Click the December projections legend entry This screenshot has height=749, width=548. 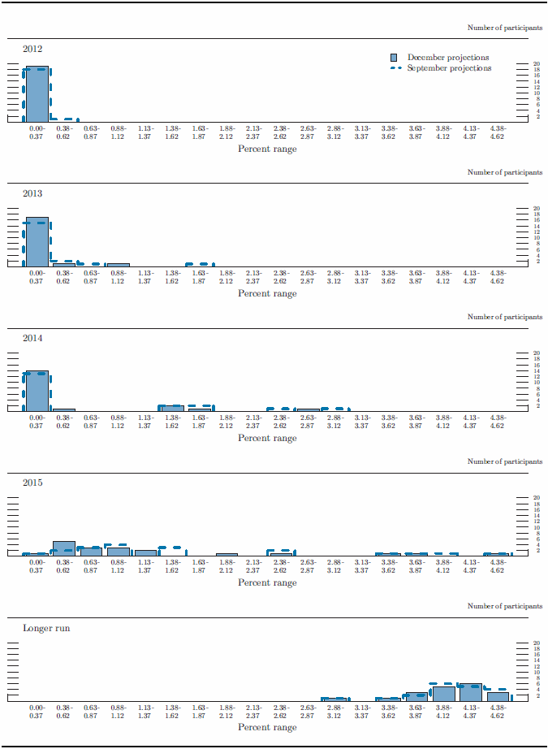click(x=447, y=58)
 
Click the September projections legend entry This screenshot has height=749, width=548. click(x=449, y=68)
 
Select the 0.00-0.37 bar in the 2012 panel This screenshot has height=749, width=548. click(x=37, y=93)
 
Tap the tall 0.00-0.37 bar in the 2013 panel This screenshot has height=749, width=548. click(x=37, y=242)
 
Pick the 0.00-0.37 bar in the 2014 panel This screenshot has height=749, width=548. click(x=37, y=391)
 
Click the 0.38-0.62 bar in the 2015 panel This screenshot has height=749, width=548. click(x=63, y=548)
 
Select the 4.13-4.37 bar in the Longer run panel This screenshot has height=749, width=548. click(x=470, y=692)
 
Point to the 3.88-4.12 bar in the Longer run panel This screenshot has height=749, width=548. click(x=443, y=694)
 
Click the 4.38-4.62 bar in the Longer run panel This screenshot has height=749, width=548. click(x=498, y=696)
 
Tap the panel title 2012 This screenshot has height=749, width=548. click(x=32, y=49)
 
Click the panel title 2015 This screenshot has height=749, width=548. click(x=32, y=483)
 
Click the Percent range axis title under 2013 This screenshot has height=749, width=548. click(x=267, y=293)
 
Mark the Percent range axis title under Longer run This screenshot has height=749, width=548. click(x=267, y=727)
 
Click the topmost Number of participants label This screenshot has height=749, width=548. click(x=505, y=28)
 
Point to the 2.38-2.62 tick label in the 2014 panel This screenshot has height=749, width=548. click(x=280, y=421)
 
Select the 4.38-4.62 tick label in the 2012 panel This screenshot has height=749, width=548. click(x=498, y=132)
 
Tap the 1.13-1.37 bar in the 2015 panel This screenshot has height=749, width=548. click(x=145, y=552)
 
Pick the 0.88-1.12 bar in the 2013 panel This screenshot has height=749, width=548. click(x=118, y=265)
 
